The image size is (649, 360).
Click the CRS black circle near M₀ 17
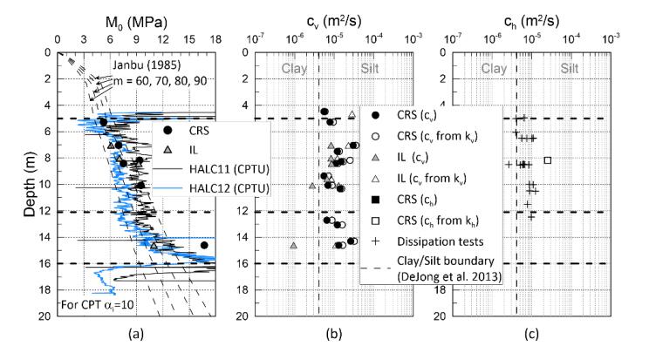(x=204, y=246)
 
